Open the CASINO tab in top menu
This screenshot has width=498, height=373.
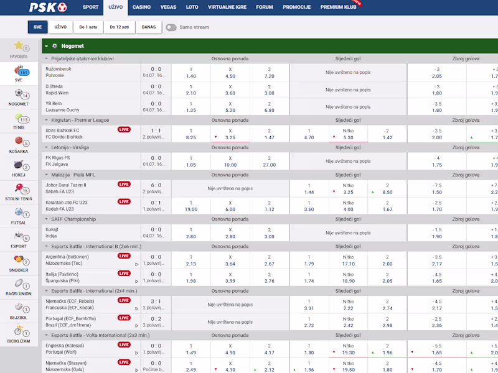point(141,7)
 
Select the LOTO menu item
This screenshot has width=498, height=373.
point(192,7)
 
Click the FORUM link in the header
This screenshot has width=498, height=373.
point(265,7)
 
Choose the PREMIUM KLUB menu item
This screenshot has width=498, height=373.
point(338,7)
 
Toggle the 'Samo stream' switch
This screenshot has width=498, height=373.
point(171,27)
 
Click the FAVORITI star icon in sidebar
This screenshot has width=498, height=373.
point(19,46)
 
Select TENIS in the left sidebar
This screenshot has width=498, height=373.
point(19,120)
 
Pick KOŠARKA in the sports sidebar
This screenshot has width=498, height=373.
point(19,144)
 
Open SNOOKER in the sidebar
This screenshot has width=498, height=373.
point(19,262)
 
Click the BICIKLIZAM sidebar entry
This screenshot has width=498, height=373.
point(19,333)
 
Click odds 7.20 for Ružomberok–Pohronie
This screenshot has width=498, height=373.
point(269,76)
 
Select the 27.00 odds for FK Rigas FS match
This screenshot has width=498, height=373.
point(269,165)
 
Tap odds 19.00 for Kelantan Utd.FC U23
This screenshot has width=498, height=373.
point(190,209)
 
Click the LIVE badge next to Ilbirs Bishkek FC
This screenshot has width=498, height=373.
point(124,131)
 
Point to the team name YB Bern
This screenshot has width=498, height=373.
point(54,103)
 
